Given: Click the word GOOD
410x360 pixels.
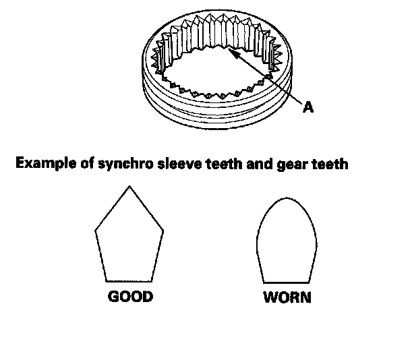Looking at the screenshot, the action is pyautogui.click(x=130, y=297).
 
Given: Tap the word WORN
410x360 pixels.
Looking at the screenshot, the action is pyautogui.click(x=287, y=297).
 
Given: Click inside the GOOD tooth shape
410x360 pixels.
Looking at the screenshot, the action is pyautogui.click(x=129, y=243).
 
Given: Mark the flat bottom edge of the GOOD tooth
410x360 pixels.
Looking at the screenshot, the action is pyautogui.click(x=129, y=280).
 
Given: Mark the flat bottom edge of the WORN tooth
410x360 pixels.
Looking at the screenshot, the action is pyautogui.click(x=287, y=282).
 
